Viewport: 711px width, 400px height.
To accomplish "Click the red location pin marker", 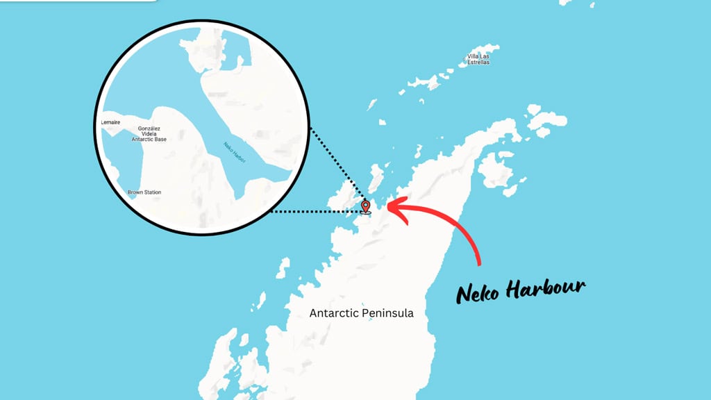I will click(x=366, y=206).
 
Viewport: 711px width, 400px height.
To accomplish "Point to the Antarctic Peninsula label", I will click(x=361, y=313).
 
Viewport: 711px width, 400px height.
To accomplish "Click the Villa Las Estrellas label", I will click(x=478, y=59).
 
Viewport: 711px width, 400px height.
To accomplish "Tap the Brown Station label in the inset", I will click(x=144, y=192).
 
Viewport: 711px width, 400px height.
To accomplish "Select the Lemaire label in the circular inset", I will click(x=111, y=122).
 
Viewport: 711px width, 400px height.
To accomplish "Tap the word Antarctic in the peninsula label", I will click(x=334, y=313).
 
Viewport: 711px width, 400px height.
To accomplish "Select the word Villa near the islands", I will click(x=473, y=56).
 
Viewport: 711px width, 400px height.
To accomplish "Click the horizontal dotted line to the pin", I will click(x=312, y=211).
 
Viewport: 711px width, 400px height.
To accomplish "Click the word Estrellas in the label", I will click(x=478, y=62).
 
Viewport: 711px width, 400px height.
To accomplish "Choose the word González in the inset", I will click(x=149, y=128).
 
